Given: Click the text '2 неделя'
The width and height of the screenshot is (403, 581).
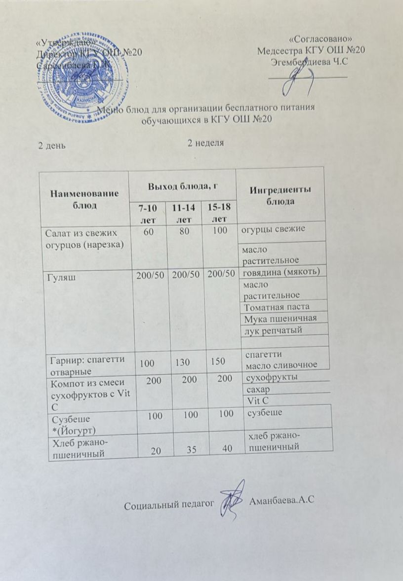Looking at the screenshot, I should point(206,143).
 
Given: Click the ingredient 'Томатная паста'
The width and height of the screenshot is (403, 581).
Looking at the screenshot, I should point(278,307).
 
